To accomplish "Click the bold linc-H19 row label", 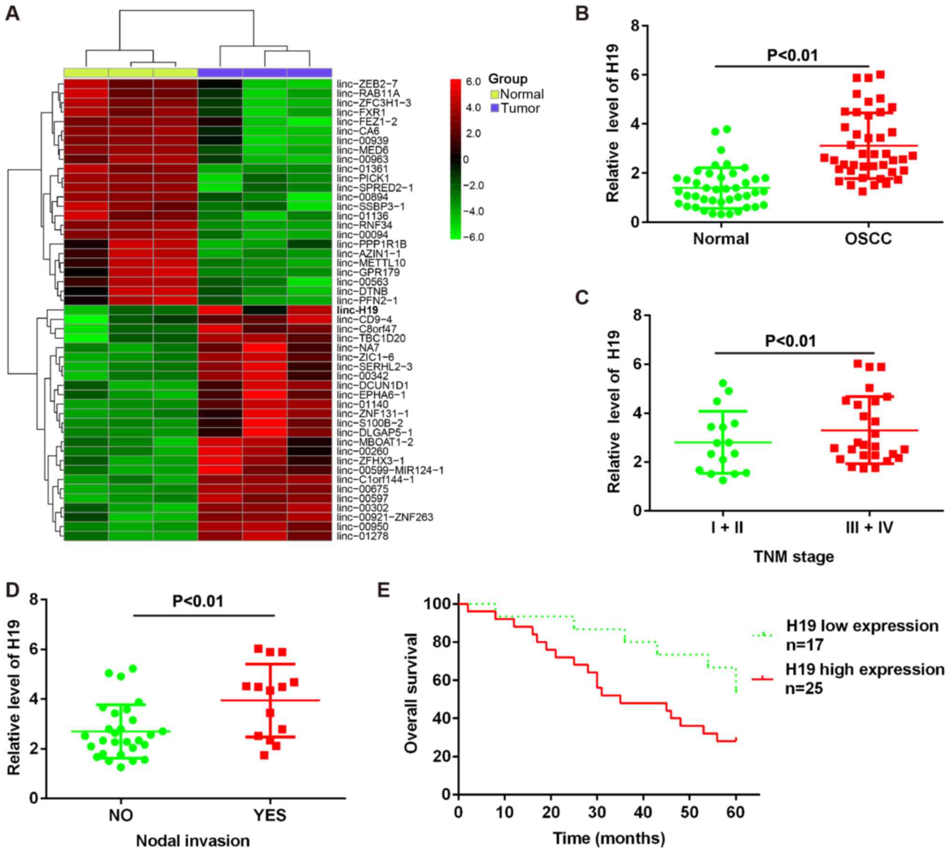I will point(357,310).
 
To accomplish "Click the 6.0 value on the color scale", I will point(473,82).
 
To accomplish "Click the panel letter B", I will point(582,14).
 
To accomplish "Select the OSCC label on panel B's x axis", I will point(868,239).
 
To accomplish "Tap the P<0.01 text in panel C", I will point(790,341).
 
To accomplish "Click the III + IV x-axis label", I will point(869,528).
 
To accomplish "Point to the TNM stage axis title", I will point(793,557).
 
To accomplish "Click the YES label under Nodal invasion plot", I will point(270,816).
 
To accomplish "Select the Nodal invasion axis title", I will point(193,841).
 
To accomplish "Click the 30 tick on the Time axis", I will point(597,812).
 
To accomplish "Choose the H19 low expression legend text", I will point(863,626).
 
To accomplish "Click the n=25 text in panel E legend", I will point(804,688).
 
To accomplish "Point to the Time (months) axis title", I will point(609,838).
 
